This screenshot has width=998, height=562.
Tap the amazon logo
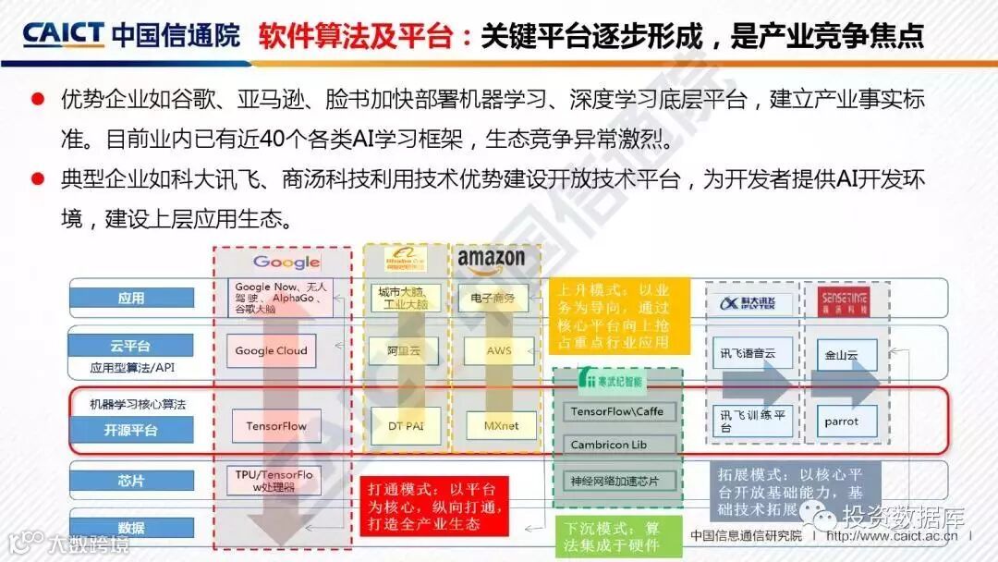click(x=491, y=260)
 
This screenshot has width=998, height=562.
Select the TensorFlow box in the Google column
click(x=276, y=426)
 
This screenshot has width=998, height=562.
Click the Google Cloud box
click(x=271, y=350)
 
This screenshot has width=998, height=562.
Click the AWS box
click(x=499, y=350)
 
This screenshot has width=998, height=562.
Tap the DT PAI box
click(x=400, y=426)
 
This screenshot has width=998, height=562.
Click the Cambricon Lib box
click(x=615, y=445)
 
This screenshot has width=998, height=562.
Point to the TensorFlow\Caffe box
click(x=615, y=411)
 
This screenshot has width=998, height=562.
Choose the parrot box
click(x=841, y=421)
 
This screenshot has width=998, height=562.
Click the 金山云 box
click(x=841, y=354)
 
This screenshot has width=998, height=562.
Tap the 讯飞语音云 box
click(x=748, y=354)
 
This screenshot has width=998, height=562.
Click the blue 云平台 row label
click(x=131, y=346)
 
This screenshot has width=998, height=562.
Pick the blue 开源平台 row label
click(x=131, y=430)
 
